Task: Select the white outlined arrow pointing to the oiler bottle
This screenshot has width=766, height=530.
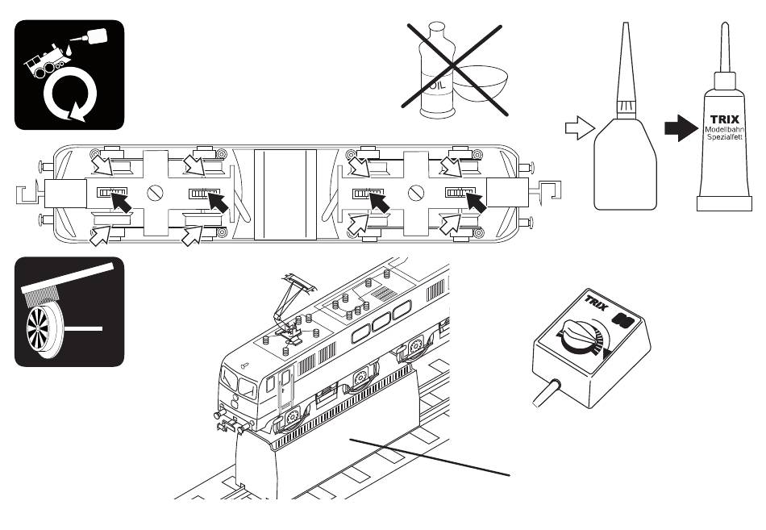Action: click(580, 128)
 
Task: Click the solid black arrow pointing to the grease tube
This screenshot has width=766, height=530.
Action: click(681, 128)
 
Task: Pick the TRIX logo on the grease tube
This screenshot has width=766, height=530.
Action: click(725, 119)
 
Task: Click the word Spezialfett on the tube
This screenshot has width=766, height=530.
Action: click(725, 137)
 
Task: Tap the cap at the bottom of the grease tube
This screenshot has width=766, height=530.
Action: click(724, 203)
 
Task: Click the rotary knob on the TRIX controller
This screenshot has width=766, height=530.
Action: click(581, 336)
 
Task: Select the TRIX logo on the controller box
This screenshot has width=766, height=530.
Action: click(597, 303)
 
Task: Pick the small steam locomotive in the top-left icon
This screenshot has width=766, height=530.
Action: click(47, 61)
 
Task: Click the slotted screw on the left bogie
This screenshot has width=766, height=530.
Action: click(156, 193)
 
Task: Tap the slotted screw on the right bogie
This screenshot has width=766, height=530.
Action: click(416, 193)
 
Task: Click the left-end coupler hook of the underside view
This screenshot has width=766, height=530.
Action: click(28, 194)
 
